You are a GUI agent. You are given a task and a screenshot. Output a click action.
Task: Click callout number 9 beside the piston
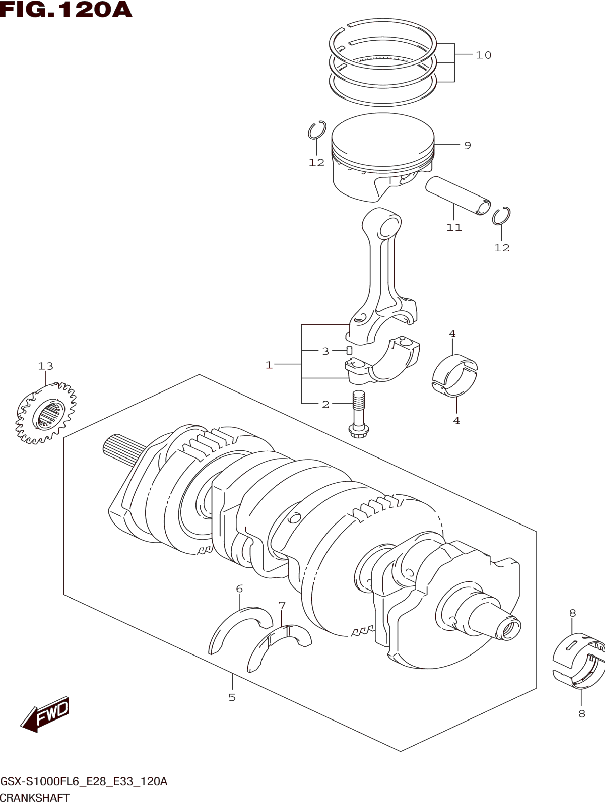click(468, 145)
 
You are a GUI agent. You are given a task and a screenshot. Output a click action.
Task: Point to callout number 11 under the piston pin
click(454, 227)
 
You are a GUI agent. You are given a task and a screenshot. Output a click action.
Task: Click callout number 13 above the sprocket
click(45, 366)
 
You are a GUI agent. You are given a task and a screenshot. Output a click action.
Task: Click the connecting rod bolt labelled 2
click(358, 414)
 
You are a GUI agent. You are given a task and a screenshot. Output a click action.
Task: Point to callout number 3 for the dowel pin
click(325, 351)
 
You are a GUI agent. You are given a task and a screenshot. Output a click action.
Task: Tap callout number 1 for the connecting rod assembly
click(269, 365)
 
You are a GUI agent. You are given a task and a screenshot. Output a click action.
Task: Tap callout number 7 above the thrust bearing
click(282, 605)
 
